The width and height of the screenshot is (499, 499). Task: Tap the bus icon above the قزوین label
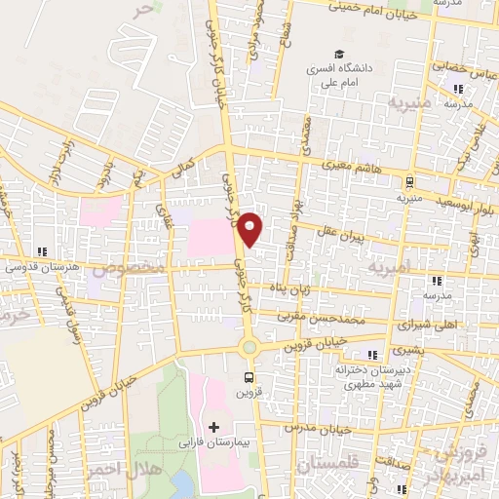click(249, 378)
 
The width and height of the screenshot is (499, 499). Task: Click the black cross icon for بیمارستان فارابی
click(214, 427)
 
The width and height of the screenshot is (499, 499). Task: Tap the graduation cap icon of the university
click(338, 55)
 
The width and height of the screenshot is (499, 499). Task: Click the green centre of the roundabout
click(249, 347)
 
